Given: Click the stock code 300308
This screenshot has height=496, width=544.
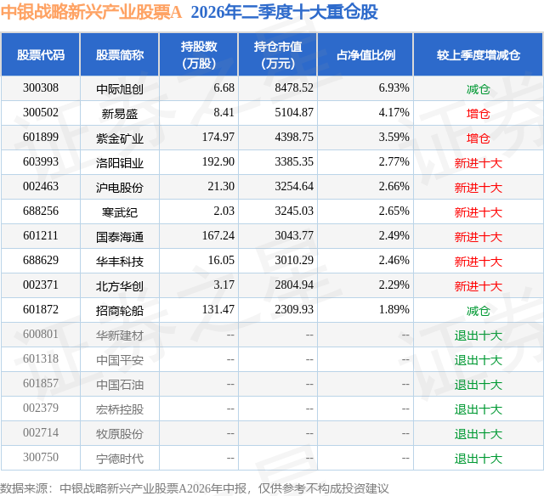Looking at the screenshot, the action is click(x=41, y=88).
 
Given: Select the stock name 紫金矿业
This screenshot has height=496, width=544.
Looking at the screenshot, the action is click(x=120, y=138).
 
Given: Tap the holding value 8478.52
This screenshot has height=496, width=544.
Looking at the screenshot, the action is click(x=294, y=88).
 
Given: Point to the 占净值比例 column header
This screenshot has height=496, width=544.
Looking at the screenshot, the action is click(x=365, y=54).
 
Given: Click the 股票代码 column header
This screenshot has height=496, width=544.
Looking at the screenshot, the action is click(x=41, y=54).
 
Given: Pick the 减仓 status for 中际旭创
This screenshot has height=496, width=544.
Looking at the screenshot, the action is click(x=478, y=89).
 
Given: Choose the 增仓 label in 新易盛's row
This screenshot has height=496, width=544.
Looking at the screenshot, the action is click(x=478, y=114).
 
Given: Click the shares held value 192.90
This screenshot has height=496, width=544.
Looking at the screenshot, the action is click(x=218, y=162).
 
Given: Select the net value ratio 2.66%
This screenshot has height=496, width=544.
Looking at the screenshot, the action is click(x=394, y=187).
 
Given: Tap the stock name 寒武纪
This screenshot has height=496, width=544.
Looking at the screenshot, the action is click(x=120, y=212).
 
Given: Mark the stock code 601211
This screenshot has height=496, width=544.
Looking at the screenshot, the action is click(x=41, y=236).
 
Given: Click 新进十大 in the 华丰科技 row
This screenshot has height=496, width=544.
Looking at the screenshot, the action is click(x=478, y=262).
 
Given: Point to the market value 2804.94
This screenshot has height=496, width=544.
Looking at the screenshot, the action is click(x=294, y=285).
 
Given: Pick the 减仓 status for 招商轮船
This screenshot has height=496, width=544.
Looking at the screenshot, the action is click(x=478, y=311).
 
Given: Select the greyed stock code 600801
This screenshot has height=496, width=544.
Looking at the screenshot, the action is click(x=41, y=334).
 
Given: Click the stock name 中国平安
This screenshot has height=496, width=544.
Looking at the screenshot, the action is click(x=120, y=360).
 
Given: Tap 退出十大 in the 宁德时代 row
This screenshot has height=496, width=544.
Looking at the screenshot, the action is click(x=478, y=459).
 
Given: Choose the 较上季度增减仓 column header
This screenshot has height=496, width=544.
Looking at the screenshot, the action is click(x=478, y=54).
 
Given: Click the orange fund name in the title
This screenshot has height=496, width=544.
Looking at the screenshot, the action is click(x=91, y=12).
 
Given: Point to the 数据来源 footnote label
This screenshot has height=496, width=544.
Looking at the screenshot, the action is click(x=24, y=488).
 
